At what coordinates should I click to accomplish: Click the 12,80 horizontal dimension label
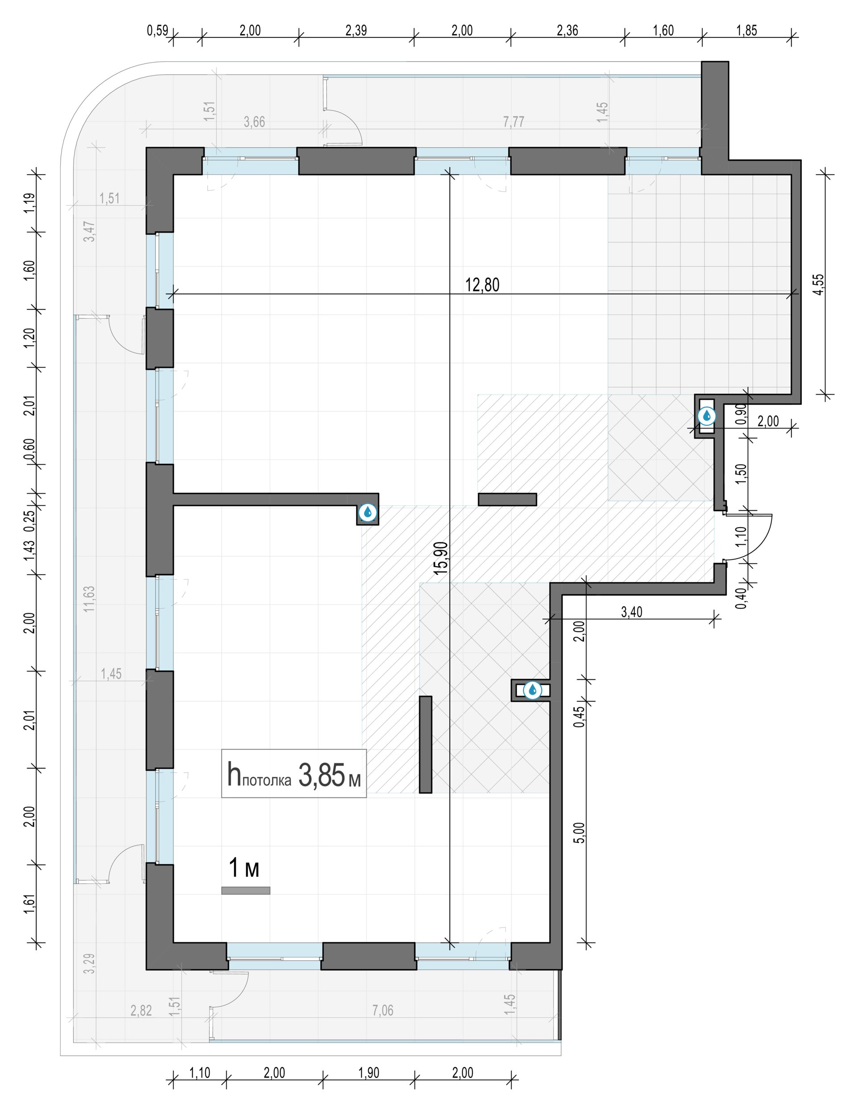[482, 285]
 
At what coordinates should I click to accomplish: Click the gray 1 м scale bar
[246, 891]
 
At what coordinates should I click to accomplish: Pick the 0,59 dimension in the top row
[157, 31]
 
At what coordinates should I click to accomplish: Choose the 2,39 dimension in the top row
[356, 31]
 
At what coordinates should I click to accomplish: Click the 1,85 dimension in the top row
[746, 31]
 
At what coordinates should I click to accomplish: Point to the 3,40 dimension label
[632, 612]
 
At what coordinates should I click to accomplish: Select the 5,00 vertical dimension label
[579, 833]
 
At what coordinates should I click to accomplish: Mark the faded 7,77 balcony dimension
[513, 121]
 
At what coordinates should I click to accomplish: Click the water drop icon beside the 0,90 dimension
[707, 416]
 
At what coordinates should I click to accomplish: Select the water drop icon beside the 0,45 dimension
[533, 690]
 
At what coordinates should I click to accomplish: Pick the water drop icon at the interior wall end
[368, 512]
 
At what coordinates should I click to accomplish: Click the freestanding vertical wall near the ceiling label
[425, 745]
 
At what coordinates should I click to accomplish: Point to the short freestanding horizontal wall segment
[507, 499]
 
